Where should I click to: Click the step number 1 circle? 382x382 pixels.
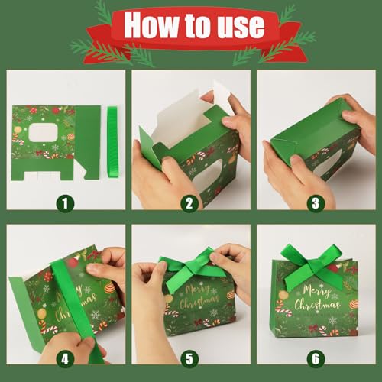click(65, 202)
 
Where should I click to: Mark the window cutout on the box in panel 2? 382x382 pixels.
click(217, 170)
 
